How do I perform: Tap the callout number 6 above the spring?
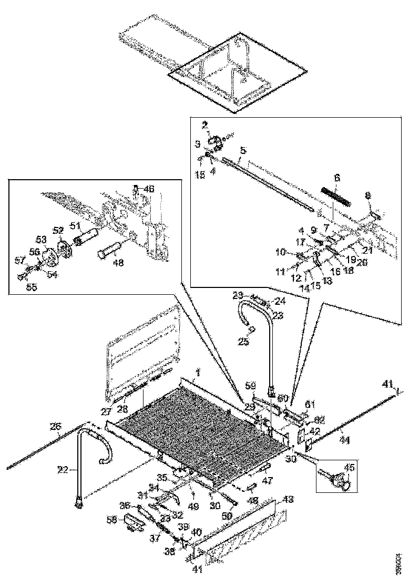[337, 178]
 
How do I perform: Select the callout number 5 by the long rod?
[242, 150]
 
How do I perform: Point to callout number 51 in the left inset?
[75, 225]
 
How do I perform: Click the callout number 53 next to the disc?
[40, 240]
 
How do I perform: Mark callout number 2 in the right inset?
[206, 125]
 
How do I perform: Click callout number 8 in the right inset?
[367, 195]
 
